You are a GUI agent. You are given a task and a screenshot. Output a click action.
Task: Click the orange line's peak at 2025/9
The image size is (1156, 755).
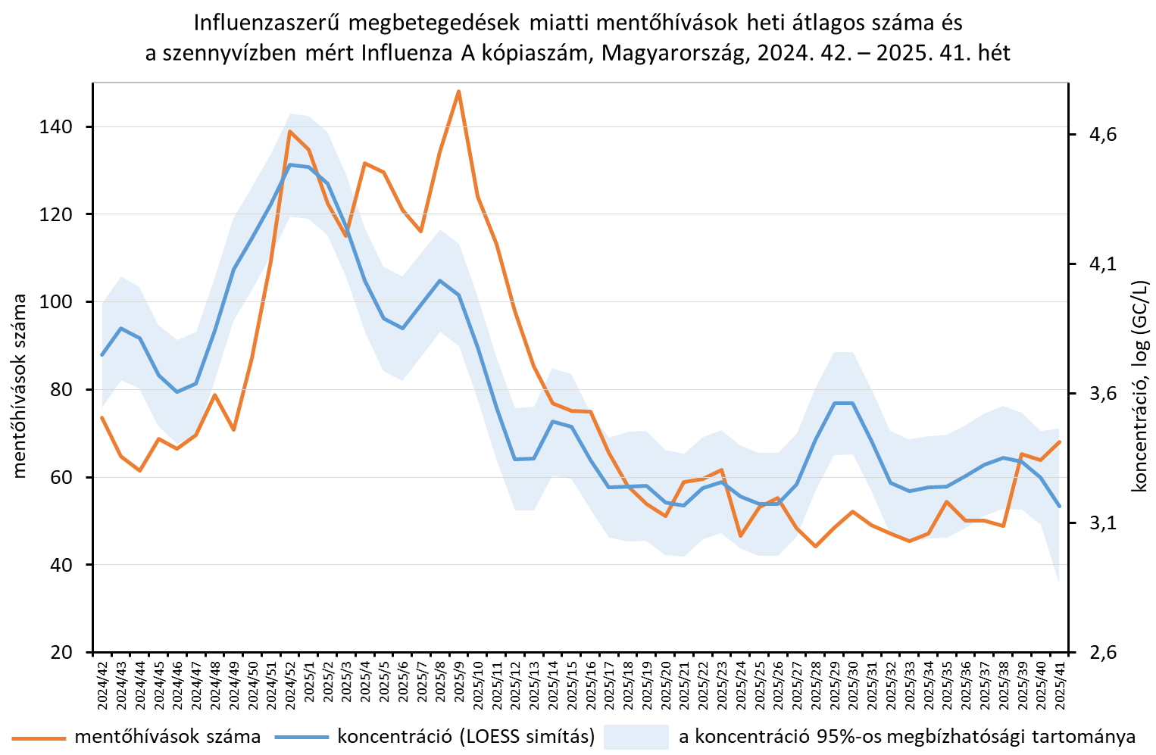(x=458, y=92)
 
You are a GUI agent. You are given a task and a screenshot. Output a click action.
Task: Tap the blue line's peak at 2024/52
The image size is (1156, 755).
(x=289, y=164)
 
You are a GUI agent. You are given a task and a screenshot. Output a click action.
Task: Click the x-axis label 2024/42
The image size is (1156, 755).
(x=102, y=684)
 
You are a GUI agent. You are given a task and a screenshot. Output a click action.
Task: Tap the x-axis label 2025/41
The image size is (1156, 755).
(x=1060, y=684)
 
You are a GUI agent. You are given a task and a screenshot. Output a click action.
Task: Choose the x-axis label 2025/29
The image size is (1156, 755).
(x=834, y=684)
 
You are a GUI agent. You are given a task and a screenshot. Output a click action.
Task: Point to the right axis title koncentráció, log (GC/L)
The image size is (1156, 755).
(x=1139, y=386)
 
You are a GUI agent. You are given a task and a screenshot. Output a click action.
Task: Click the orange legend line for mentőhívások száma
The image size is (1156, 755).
(x=38, y=737)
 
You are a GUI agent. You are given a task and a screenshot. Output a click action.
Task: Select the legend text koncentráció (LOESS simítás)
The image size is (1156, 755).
(x=466, y=737)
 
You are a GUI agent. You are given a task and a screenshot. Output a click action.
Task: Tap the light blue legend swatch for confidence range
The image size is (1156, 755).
(x=636, y=737)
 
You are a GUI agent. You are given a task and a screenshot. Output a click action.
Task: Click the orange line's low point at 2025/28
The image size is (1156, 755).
(x=815, y=546)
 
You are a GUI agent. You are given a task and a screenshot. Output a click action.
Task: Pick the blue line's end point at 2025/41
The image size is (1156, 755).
(x=1060, y=506)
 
